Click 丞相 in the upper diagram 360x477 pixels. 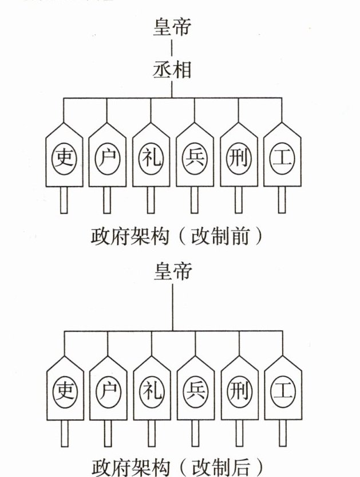coord(172,70)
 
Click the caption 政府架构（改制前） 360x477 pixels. coord(177,236)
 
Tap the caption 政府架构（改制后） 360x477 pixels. coord(177,466)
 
